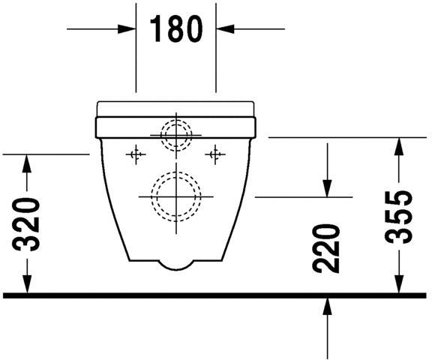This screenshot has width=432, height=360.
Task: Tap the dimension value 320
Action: [28, 224]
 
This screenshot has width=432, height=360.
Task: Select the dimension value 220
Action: [328, 248]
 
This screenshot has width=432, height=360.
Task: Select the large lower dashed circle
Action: [177, 196]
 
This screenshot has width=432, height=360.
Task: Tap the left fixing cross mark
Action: [136, 155]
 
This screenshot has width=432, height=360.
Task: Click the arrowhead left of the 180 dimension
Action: [127, 29]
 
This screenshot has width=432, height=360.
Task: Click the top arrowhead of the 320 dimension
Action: [28, 160]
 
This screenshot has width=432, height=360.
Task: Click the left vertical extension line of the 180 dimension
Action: [136, 52]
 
